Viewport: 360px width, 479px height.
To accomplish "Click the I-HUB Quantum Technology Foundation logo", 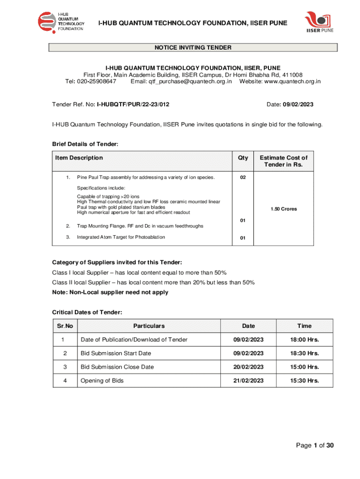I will coord(61,22).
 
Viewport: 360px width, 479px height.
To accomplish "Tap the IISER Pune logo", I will coord(320,23).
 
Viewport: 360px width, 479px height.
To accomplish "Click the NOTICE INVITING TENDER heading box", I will coord(193,47).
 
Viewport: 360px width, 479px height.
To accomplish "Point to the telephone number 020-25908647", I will coord(97,81).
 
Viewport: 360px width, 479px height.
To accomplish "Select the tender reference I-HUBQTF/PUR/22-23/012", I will coord(133,104).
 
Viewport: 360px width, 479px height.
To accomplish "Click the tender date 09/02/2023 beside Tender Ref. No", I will coord(297,104).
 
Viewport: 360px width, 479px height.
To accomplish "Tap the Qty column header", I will coord(243,158).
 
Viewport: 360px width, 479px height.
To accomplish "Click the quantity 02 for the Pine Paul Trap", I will coord(243,178).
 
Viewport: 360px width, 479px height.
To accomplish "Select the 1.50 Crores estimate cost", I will coord(283,209).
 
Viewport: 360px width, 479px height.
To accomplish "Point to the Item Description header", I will coord(79,158).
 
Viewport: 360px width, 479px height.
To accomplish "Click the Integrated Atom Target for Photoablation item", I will coord(121,237).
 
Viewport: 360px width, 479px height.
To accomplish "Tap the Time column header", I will coord(304,326).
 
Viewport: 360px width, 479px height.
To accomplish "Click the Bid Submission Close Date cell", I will coord(117,367).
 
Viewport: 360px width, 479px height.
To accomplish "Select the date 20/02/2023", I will coord(248,367).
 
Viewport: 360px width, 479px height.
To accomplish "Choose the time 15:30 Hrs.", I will coord(304,380).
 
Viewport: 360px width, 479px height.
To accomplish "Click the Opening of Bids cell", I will coord(102,380).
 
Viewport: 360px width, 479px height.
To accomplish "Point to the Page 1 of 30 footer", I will coord(315,445).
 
